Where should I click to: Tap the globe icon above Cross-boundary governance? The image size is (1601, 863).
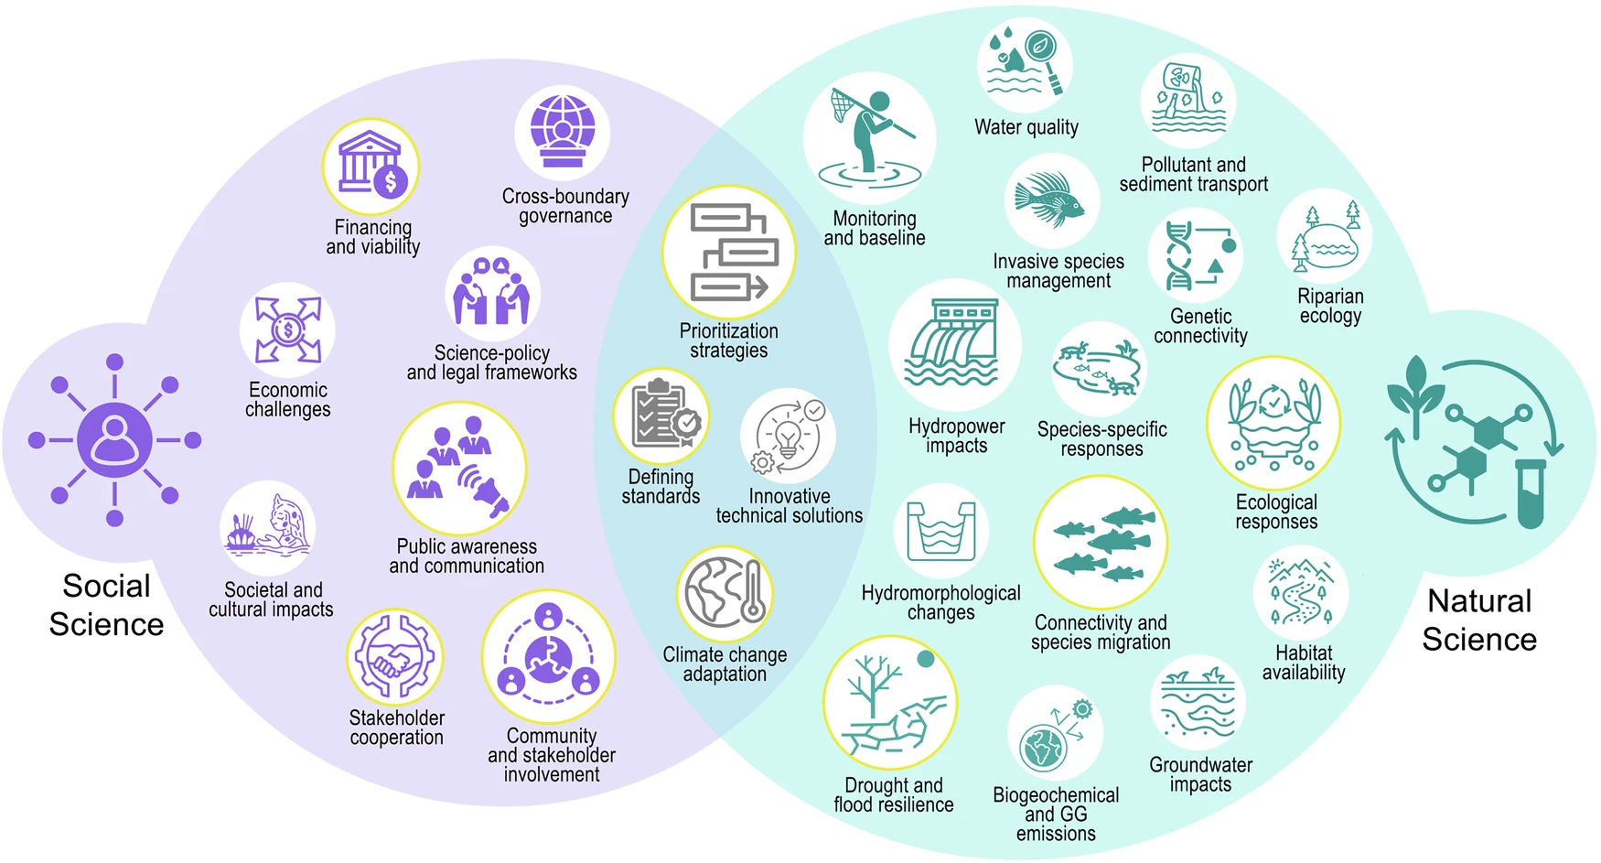[x=562, y=133]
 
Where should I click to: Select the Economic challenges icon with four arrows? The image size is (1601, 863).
[x=287, y=329]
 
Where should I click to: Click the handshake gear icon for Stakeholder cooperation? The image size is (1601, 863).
[x=395, y=658]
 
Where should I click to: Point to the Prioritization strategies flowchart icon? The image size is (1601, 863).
[x=729, y=253]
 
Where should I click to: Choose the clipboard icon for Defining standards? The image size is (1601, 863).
[x=661, y=416]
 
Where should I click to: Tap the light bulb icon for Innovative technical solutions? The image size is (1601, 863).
[x=788, y=436]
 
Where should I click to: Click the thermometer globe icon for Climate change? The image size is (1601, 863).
[x=725, y=594]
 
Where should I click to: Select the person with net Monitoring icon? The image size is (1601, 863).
[x=869, y=137]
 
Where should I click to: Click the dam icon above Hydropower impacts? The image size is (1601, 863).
[x=954, y=345]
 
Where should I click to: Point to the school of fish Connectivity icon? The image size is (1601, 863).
[x=1101, y=543]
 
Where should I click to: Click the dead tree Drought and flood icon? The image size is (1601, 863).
[x=890, y=703]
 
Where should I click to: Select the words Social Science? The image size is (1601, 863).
[x=106, y=605]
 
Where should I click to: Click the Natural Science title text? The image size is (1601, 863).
[x=1479, y=620]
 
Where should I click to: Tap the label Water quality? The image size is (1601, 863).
[x=1026, y=127]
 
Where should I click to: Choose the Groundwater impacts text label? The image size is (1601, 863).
[x=1200, y=774]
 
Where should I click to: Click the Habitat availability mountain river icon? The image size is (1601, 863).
[x=1300, y=592]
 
